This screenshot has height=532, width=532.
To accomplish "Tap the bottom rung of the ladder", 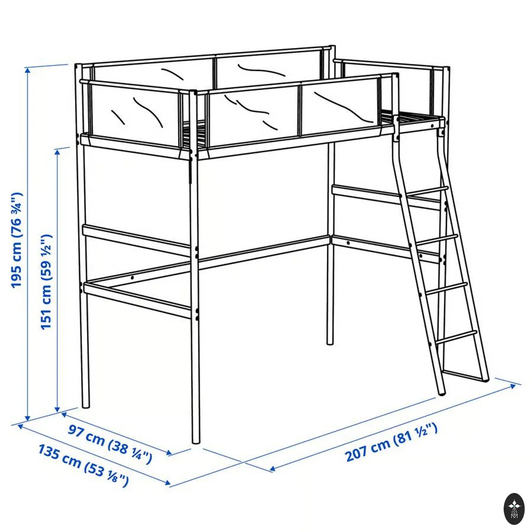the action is pos(456,338).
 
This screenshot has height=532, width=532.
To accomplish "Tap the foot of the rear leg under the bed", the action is pos(330,343).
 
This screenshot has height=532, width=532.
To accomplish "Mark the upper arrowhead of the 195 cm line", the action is pos(27,70).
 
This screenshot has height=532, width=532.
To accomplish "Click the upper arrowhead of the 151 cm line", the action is pos(58,152).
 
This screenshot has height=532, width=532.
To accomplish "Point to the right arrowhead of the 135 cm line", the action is pos(168,489).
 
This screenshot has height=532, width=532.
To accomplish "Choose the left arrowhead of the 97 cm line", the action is pos(64,414).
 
